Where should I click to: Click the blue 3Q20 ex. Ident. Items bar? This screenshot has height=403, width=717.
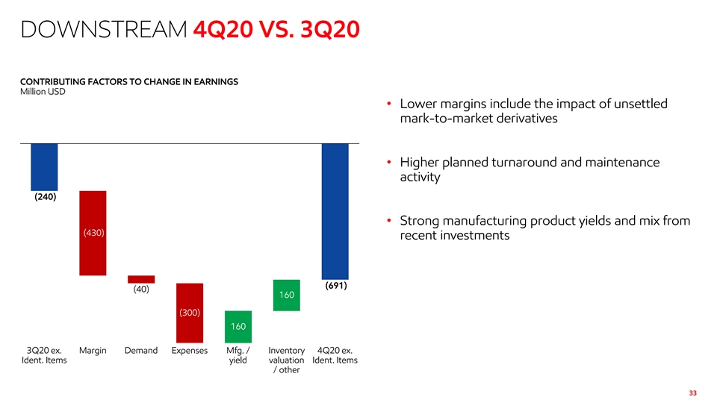44,166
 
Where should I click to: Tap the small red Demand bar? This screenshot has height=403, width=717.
141,279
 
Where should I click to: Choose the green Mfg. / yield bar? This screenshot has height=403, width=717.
238,326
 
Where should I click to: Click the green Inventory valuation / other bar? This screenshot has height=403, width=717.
287,295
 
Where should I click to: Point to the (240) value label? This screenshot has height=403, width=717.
44,197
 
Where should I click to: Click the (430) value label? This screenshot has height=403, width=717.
93,233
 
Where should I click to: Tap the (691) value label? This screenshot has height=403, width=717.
335,286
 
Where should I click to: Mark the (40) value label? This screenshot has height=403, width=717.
141,290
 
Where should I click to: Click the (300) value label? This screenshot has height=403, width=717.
189,312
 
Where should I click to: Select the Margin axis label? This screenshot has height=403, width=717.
93,350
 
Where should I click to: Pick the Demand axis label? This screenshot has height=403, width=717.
141,350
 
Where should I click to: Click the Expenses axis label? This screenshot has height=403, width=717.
189,350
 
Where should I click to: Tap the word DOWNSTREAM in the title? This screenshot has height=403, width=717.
102,31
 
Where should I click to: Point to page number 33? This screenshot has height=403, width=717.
692,393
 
